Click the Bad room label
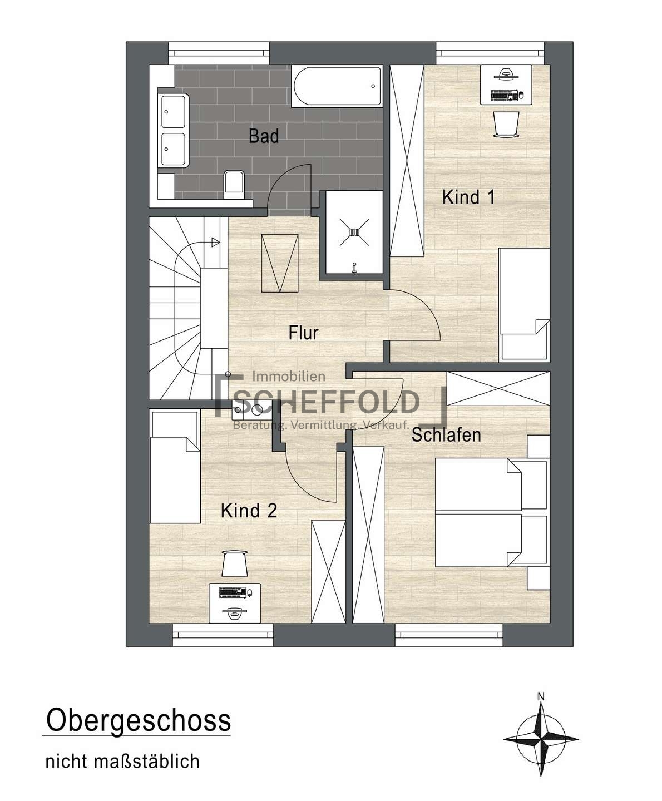click(264, 136)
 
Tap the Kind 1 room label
click(468, 197)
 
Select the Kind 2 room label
click(249, 511)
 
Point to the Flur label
click(304, 333)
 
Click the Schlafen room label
click(446, 434)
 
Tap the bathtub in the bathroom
click(336, 86)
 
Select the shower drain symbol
click(354, 232)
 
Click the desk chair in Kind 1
click(506, 124)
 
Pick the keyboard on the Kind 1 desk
click(504, 95)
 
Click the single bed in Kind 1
click(524, 304)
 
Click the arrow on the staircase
click(216, 242)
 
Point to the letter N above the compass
click(541, 696)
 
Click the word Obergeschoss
click(139, 720)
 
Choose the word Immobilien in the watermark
click(289, 377)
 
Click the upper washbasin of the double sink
click(174, 112)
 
